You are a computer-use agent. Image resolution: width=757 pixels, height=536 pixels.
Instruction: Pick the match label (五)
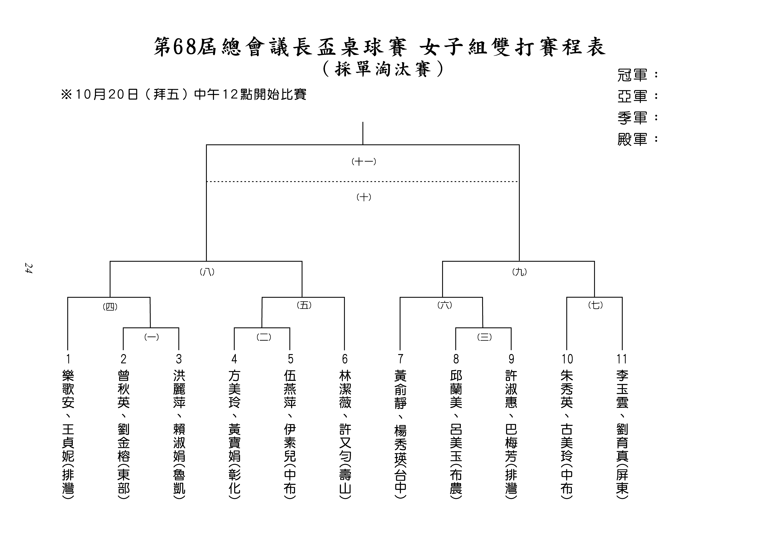304,305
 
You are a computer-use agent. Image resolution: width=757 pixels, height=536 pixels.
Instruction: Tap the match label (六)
445,305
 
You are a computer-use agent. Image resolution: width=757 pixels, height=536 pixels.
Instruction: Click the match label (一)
152,337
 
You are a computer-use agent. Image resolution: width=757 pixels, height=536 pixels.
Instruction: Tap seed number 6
345,359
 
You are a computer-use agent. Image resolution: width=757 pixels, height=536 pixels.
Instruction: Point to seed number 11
622,359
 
